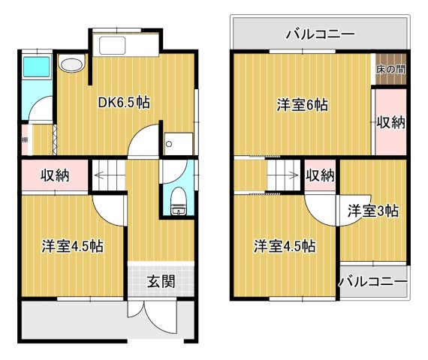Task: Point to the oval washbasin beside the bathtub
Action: coord(71,65)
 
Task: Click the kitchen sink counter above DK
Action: coord(125,47)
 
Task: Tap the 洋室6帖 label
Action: coord(300,106)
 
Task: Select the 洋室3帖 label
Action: coord(372,211)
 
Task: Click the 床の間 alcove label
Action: coord(390,69)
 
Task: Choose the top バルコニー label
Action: coord(320,34)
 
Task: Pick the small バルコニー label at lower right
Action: coord(372,282)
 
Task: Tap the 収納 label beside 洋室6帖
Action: coord(390,121)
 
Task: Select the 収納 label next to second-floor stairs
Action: coord(320,175)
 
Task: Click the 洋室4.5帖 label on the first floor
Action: coord(72,245)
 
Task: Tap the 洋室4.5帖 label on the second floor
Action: coord(283,245)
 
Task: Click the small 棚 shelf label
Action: coord(25,139)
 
